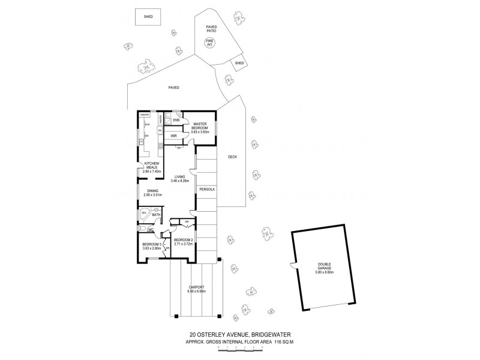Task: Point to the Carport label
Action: (x=196, y=289)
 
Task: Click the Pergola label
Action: (x=207, y=190)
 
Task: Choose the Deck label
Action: (x=233, y=157)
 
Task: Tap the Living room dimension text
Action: (x=181, y=181)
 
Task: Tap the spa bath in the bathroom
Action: (x=145, y=214)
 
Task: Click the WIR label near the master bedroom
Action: (x=173, y=136)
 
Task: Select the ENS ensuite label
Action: (x=176, y=121)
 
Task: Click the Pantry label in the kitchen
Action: (x=145, y=115)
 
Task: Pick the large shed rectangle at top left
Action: (x=148, y=17)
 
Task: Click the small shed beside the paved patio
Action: (x=239, y=63)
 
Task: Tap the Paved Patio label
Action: (x=211, y=29)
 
